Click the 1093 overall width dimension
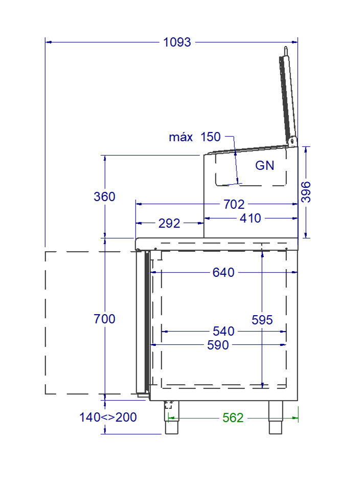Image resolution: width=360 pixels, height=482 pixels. (177, 42)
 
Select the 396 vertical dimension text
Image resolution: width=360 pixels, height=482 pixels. (306, 192)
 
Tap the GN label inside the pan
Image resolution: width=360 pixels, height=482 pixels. (264, 166)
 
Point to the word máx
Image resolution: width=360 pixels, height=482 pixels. (181, 137)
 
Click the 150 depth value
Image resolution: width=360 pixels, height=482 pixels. (211, 137)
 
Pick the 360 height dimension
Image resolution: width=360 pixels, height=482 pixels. (104, 196)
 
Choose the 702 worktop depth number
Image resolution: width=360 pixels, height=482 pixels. (234, 205)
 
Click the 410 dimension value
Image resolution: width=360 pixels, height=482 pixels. (251, 218)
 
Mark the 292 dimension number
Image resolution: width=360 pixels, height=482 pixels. (169, 224)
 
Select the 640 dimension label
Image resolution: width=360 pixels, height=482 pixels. (223, 273)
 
